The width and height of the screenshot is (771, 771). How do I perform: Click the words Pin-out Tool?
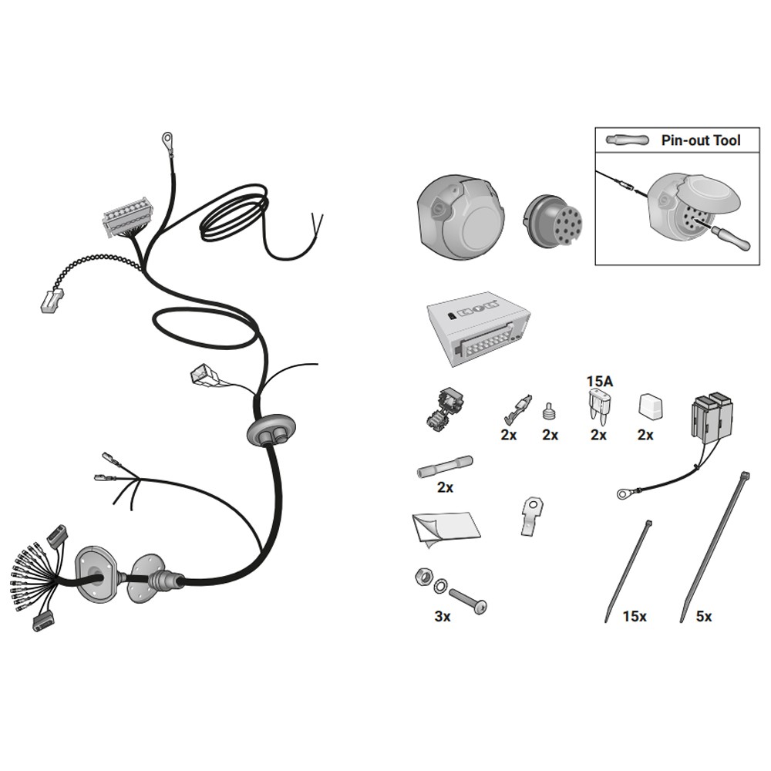pyautogui.click(x=701, y=140)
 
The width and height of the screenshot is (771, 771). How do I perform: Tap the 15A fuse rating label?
pyautogui.click(x=599, y=381)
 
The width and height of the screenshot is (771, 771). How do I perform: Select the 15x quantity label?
pyautogui.click(x=635, y=616)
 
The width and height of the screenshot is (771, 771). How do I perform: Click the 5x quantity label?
pyautogui.click(x=704, y=616)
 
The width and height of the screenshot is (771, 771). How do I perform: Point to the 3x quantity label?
pyautogui.click(x=443, y=616)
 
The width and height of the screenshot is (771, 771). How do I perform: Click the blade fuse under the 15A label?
pyautogui.click(x=598, y=406)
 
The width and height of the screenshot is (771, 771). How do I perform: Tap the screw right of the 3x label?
pyautogui.click(x=468, y=601)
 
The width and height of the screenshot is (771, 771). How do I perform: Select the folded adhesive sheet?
pyautogui.click(x=446, y=529)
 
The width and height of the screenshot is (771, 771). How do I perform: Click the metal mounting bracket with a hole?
pyautogui.click(x=531, y=516)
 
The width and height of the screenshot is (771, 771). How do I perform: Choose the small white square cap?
pyautogui.click(x=650, y=406)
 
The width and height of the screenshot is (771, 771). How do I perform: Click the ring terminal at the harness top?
pyautogui.click(x=167, y=140)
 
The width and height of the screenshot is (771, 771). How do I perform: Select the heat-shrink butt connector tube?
pyautogui.click(x=445, y=466)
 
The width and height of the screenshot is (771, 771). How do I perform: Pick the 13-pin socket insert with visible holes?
pyautogui.click(x=553, y=222)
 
